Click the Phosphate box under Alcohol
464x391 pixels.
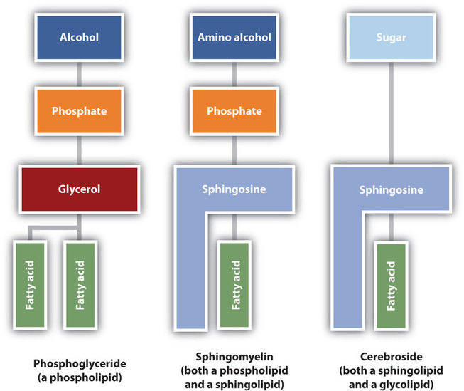point(79,111)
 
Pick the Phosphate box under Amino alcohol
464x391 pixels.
point(234,111)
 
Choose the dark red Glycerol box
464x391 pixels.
point(79,189)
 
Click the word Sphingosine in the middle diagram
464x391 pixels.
point(234,190)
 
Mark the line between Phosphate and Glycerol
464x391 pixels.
point(79,150)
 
